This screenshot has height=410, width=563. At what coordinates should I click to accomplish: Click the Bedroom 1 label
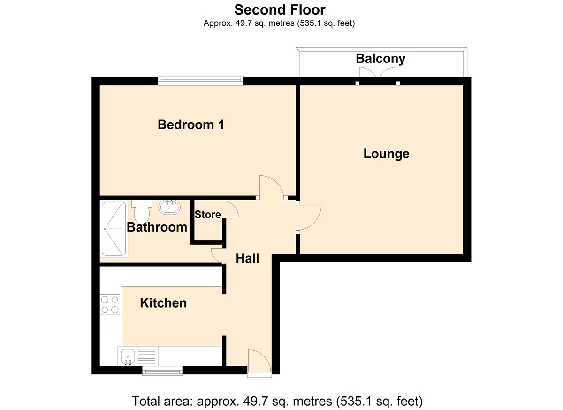pos(191,125)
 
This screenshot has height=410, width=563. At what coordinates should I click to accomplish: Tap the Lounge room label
pos(386,154)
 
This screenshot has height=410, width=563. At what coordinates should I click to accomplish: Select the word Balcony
pos(380,59)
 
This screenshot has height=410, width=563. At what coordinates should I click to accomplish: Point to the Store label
pos(207,215)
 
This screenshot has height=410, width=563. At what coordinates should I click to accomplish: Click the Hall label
pos(247,258)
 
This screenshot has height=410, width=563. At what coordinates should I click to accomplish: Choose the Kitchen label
pos(163,303)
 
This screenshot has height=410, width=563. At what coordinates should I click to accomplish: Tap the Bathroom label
pos(157,227)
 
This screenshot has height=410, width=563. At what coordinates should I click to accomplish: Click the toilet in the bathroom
pos(142,212)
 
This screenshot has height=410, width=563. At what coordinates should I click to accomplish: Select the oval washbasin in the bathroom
pos(169,207)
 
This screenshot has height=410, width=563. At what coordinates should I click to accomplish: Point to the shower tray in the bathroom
pos(114,229)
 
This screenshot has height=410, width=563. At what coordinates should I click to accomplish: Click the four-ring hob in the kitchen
pos(110,304)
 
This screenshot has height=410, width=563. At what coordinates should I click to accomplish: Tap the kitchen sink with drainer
pos(138,356)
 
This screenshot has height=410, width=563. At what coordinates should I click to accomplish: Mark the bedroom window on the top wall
pos(201,80)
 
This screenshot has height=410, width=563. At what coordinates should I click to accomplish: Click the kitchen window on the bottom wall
pos(162,371)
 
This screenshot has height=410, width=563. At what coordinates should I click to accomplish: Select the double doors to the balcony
pos(378,72)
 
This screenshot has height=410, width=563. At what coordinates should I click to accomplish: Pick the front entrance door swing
pos(259,361)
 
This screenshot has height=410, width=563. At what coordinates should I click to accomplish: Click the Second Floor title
pos(280,10)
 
